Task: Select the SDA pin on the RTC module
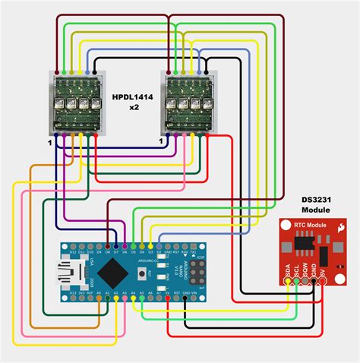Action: (287, 282)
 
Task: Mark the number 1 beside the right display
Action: (161, 142)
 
